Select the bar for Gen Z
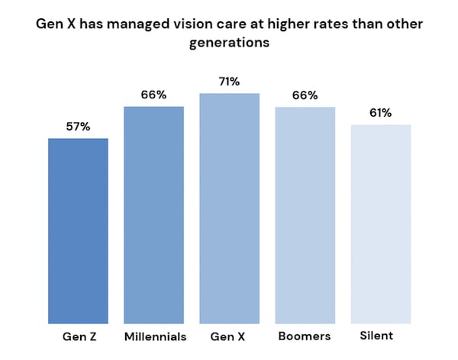click(78, 231)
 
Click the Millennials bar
click(153, 215)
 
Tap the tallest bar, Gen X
click(229, 208)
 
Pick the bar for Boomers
click(305, 215)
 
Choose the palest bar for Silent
click(380, 224)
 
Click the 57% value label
click(78, 127)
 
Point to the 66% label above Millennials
click(153, 95)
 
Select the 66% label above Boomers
click(305, 95)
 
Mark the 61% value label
click(380, 113)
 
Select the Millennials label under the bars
click(154, 336)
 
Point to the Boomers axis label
click(305, 336)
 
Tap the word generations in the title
click(229, 43)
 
